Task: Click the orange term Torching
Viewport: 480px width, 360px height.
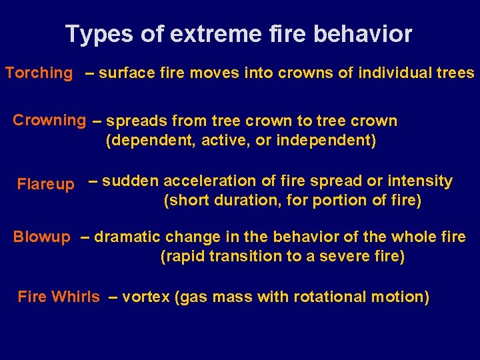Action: (39, 73)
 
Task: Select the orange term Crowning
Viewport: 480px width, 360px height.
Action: (49, 121)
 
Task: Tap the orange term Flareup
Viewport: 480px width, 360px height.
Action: (45, 184)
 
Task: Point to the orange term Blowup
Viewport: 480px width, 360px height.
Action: (41, 237)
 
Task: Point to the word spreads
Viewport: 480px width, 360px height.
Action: (137, 121)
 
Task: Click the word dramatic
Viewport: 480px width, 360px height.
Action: (129, 237)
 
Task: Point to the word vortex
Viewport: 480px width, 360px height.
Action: (146, 297)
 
